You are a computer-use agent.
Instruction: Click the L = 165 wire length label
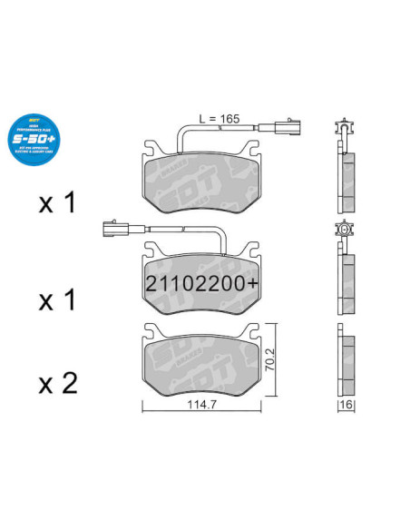pos(220,118)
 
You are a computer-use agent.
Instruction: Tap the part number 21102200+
pos(201,283)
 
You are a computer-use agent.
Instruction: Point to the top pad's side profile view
pos(346,177)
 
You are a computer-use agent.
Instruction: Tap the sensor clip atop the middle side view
pos(343,231)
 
